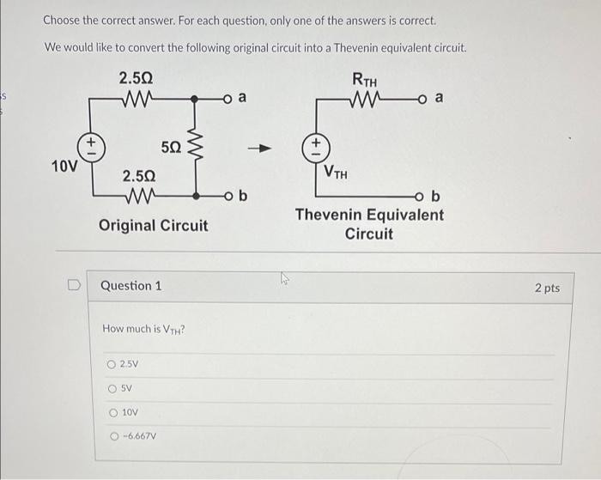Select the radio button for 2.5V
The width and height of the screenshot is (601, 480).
(112, 365)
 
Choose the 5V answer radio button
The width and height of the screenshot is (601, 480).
(112, 388)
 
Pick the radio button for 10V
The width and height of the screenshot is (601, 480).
(112, 412)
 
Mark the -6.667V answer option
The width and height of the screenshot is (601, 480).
(112, 435)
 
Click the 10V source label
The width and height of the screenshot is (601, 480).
(64, 165)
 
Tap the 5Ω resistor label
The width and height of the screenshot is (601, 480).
(171, 147)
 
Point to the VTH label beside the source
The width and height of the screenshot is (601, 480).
(336, 172)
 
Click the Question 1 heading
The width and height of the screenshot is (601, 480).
(131, 286)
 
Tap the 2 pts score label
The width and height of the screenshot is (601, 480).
(547, 288)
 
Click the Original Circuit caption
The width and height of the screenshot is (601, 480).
(153, 225)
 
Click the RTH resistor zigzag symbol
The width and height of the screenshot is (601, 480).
(367, 100)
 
